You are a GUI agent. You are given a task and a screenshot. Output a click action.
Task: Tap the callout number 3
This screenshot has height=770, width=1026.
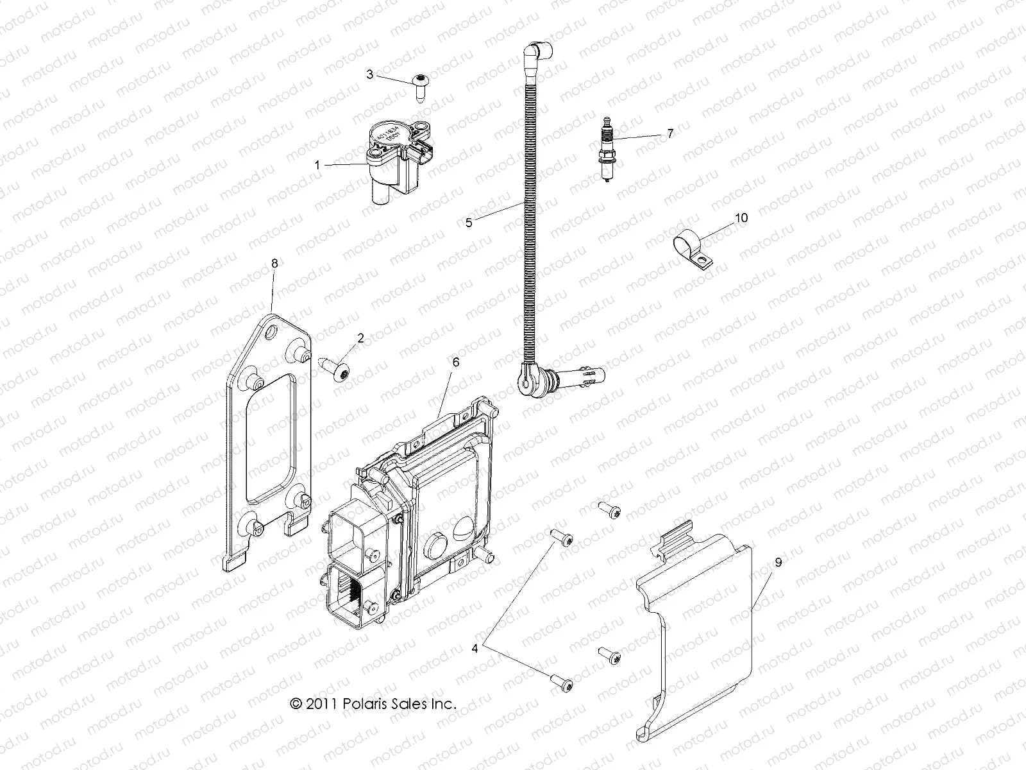coord(370,74)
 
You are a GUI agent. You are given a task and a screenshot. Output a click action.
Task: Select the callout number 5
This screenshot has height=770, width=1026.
coord(469,223)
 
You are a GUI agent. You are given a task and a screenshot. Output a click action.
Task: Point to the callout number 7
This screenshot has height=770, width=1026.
coord(670,133)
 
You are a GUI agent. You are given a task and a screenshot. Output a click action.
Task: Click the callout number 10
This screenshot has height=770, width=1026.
coord(741,218)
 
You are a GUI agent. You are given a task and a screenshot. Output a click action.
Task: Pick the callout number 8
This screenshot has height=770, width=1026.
coord(274,262)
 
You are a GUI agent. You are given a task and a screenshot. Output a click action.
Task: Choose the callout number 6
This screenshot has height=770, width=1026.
coord(456,363)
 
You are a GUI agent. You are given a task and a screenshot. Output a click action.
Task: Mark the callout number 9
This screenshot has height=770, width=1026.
coord(778,562)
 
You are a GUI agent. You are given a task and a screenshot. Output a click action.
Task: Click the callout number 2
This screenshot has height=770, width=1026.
coord(360,338)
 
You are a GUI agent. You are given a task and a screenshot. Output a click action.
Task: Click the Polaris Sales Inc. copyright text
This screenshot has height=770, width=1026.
coord(373,703)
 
